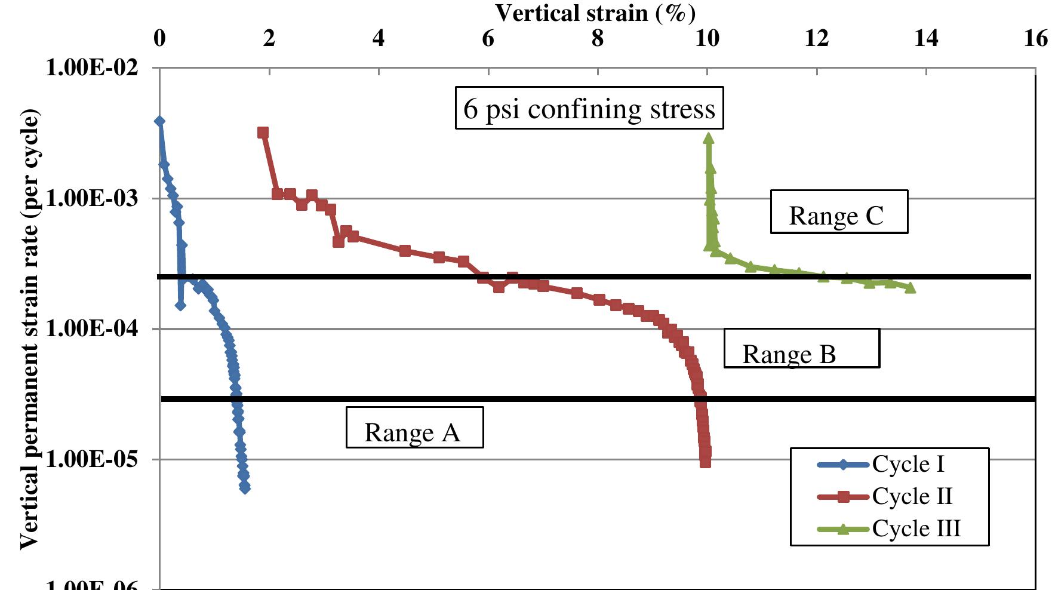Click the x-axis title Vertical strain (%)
tap(595, 13)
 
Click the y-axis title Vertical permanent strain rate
tap(30, 328)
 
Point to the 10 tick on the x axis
tap(708, 39)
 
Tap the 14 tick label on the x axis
tap(926, 39)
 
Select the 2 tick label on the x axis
tap(269, 39)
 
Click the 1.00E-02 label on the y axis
tap(91, 67)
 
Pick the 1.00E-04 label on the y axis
tap(91, 328)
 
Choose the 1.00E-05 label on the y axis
tap(91, 459)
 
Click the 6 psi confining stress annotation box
tap(589, 108)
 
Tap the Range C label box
tap(839, 212)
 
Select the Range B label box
tap(801, 348)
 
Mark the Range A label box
tap(414, 428)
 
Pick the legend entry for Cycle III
tap(889, 529)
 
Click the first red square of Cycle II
tap(263, 133)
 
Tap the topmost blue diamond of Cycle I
tap(159, 121)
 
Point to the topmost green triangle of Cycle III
tap(709, 139)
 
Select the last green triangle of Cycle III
tap(910, 288)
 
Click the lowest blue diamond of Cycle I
tap(245, 488)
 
